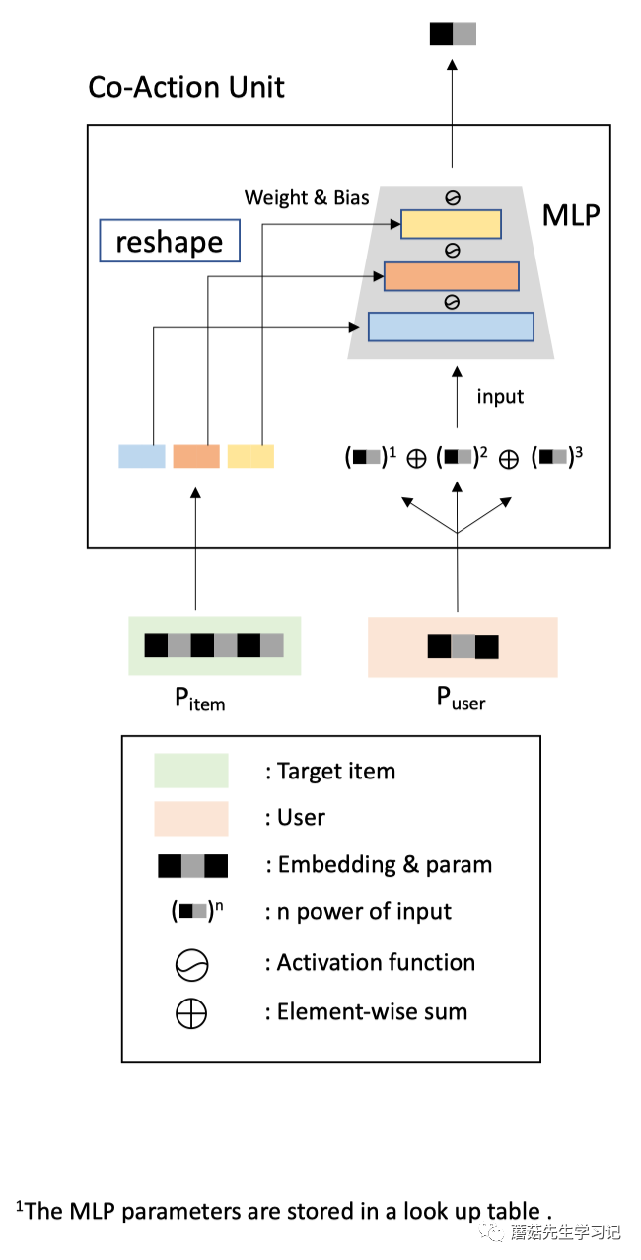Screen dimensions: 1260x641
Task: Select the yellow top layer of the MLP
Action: (x=451, y=224)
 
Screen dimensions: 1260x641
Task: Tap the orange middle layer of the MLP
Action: (x=451, y=276)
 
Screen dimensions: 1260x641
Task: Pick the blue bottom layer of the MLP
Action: (x=451, y=327)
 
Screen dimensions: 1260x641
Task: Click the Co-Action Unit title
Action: (x=186, y=87)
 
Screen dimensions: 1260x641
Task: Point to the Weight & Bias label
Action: (x=307, y=198)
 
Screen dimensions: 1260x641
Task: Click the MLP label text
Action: (x=571, y=214)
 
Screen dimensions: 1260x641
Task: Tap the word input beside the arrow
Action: (x=500, y=397)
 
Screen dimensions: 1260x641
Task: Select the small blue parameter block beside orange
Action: (x=142, y=456)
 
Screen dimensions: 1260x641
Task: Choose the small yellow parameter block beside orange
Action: (x=250, y=456)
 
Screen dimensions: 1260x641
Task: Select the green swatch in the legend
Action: (x=191, y=771)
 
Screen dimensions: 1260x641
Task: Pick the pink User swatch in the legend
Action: (x=191, y=818)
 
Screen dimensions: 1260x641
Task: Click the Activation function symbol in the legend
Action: (x=191, y=964)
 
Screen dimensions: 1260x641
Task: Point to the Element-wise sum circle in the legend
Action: (x=191, y=1012)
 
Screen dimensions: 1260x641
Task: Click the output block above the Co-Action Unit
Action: (x=453, y=34)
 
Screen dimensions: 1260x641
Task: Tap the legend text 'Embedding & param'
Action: (x=385, y=865)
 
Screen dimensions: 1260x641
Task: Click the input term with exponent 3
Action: (x=556, y=457)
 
